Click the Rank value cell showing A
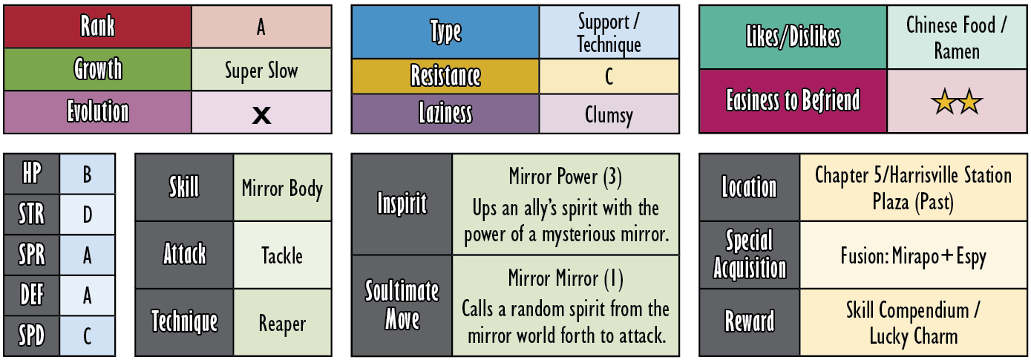(261, 27)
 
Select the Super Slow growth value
(261, 70)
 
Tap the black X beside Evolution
(261, 115)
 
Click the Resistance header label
(445, 76)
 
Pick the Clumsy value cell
(609, 114)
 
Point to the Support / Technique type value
(609, 33)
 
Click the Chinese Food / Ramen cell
(957, 37)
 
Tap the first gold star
(944, 101)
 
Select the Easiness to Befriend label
(793, 100)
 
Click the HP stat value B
(87, 174)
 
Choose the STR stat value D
(87, 215)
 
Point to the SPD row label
(31, 336)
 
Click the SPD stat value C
(87, 336)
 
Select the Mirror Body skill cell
(282, 187)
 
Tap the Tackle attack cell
(282, 255)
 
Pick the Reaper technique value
(282, 323)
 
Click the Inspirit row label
(402, 203)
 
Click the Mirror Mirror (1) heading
(566, 278)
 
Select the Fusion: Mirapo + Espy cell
(913, 255)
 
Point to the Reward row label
(750, 321)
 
